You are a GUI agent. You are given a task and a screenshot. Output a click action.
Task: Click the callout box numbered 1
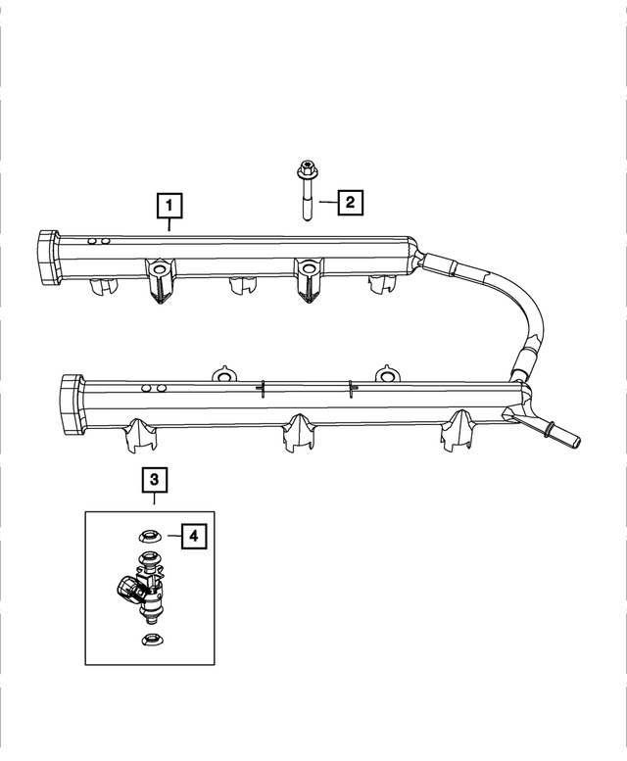pyautogui.click(x=170, y=206)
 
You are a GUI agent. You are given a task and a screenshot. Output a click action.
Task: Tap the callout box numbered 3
pyautogui.click(x=155, y=480)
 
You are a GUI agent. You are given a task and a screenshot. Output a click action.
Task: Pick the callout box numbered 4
pyautogui.click(x=193, y=536)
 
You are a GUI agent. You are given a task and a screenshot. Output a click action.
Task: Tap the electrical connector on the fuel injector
pyautogui.click(x=126, y=592)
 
